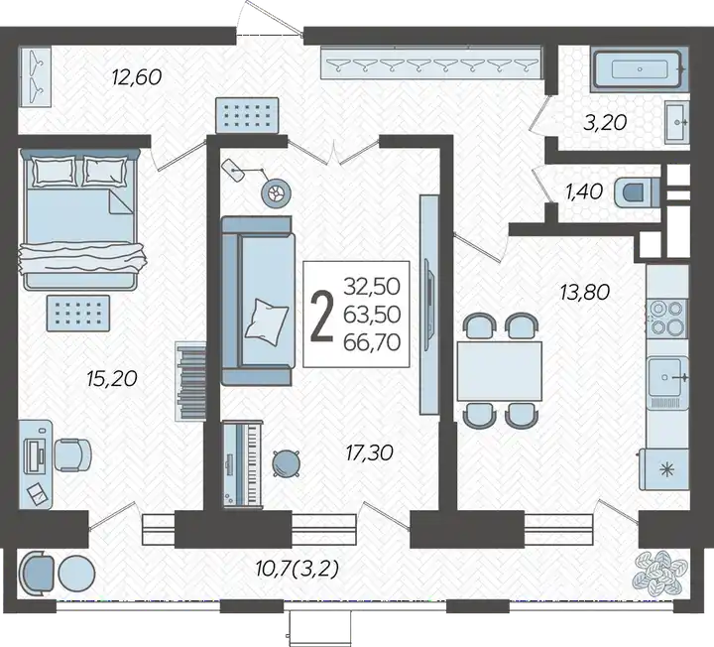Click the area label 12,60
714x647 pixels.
point(137,77)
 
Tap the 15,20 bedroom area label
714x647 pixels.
point(111,378)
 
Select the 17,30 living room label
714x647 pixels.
point(369,453)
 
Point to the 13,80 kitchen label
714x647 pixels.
point(585,292)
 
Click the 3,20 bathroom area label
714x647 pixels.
point(605,122)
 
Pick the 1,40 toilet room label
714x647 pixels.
point(584,192)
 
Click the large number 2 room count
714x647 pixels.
point(322,315)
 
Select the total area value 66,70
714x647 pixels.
point(372,342)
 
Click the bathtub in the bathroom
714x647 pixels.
point(640,69)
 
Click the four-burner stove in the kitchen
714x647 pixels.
point(666,318)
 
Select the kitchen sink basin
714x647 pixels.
point(665,377)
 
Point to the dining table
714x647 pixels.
point(499,371)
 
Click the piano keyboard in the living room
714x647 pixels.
point(242,463)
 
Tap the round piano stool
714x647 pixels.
point(286,463)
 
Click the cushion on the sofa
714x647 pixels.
point(267,322)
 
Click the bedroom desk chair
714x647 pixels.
point(72,454)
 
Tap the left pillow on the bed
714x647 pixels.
point(53,171)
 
